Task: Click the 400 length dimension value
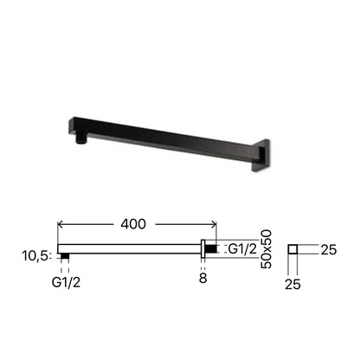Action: pyautogui.click(x=133, y=224)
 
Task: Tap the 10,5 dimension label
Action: pyautogui.click(x=35, y=256)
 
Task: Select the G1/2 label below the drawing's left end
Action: pyautogui.click(x=66, y=283)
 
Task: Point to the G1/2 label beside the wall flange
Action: pyautogui.click(x=242, y=249)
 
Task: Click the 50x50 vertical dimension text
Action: pyautogui.click(x=266, y=249)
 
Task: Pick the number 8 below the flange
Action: pyautogui.click(x=203, y=279)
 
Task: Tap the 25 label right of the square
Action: pyautogui.click(x=329, y=250)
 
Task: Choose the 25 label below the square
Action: pyautogui.click(x=292, y=285)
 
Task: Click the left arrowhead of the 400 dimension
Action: pyautogui.click(x=60, y=224)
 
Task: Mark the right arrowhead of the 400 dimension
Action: pyautogui.click(x=214, y=224)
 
